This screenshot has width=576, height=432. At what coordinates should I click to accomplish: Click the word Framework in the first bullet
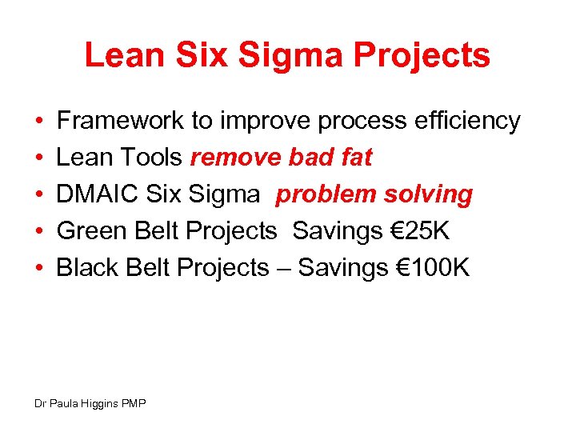120,122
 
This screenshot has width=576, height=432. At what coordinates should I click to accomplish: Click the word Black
87,268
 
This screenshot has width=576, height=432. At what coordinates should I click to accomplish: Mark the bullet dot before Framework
39,122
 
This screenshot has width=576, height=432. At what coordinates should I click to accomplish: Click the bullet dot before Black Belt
39,268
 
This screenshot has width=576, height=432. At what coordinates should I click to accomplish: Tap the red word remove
228,158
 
